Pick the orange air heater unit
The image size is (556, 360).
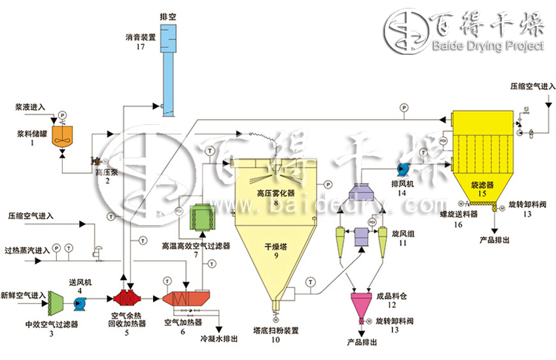click(182, 299)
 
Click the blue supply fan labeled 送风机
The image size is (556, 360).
click(79, 303)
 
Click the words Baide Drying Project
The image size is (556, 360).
click(488, 46)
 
